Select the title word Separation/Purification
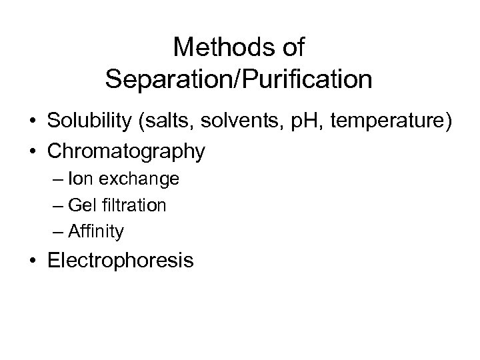point(239,80)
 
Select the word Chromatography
point(126,152)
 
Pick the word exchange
point(138,179)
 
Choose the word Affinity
point(101,231)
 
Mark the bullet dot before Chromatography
point(33,153)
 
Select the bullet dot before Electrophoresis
point(33,261)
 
